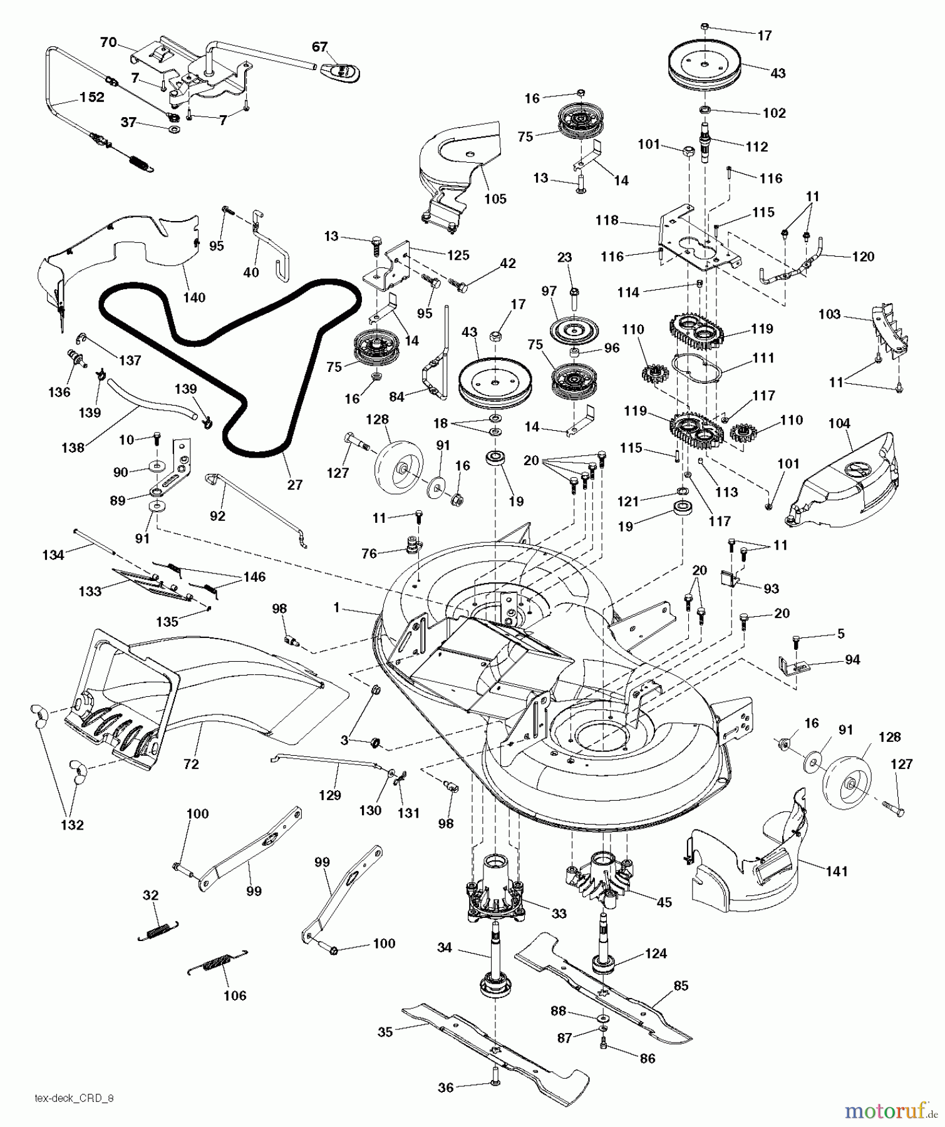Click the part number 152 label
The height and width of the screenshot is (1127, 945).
click(x=91, y=98)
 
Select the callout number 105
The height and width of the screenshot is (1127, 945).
click(x=495, y=199)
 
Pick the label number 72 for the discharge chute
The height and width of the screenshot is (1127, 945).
click(x=191, y=764)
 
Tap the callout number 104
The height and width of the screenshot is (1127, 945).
click(x=839, y=424)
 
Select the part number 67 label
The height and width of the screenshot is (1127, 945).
click(x=319, y=47)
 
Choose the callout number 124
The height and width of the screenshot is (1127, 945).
click(x=655, y=954)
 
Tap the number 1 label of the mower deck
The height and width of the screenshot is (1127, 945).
click(x=336, y=607)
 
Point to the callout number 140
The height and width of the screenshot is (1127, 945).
click(x=194, y=297)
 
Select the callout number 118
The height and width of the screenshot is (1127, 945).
click(x=607, y=220)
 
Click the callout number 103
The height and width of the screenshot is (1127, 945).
click(x=829, y=314)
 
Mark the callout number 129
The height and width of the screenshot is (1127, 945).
click(x=330, y=795)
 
